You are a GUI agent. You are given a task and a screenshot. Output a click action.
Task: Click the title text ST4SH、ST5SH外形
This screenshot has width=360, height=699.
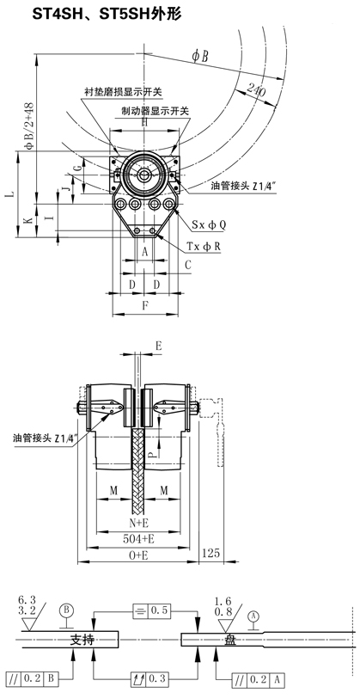coord(106,15)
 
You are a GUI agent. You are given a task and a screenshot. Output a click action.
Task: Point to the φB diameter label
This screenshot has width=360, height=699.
coord(200,56)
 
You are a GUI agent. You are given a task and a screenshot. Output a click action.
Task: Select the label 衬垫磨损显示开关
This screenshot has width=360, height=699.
coord(124,92)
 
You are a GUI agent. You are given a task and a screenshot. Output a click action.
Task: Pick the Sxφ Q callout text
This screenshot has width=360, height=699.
coord(209,225)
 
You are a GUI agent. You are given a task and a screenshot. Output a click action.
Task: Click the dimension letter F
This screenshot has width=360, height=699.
coord(145,305)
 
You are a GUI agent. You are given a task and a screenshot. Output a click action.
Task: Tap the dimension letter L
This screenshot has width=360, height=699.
coord(12,194)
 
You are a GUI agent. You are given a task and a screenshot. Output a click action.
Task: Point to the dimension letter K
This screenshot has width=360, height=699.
coord(29,220)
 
